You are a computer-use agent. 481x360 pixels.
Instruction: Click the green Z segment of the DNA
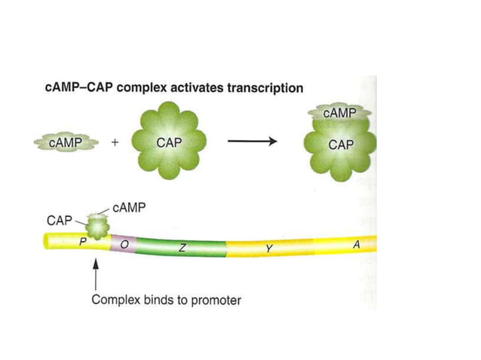tap(181, 246)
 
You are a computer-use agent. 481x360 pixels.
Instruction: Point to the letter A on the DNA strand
tap(356, 245)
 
